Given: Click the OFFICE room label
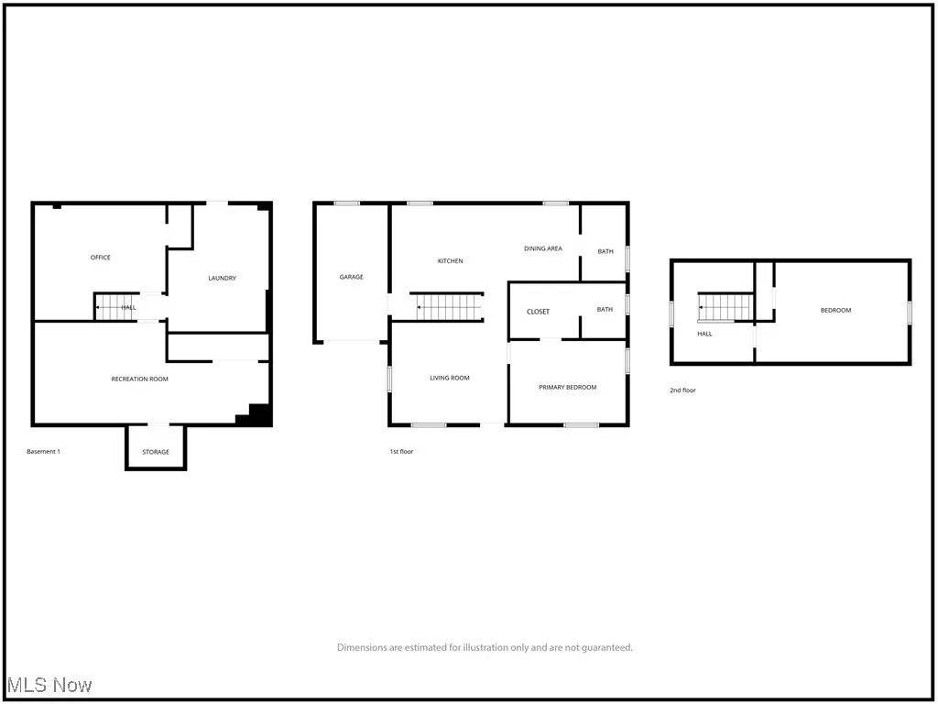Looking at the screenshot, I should click(101, 258).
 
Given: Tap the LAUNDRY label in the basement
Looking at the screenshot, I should click(223, 279).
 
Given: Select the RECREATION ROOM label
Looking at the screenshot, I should click(140, 379).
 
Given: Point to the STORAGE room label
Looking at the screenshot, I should click(156, 453).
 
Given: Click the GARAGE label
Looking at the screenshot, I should click(352, 277).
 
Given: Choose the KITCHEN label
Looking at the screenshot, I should click(450, 261).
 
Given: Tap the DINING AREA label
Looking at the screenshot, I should click(543, 248).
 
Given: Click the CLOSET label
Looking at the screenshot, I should click(539, 312).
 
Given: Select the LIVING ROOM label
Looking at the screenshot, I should click(450, 378).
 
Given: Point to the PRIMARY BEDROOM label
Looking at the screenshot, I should click(567, 387).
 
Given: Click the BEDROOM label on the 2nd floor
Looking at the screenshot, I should click(835, 311).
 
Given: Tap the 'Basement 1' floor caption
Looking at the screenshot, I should click(44, 451).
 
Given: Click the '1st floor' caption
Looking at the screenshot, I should click(401, 451).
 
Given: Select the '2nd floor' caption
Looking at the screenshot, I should click(682, 390).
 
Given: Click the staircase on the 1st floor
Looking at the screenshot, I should click(449, 306).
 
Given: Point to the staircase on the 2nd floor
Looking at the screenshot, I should click(725, 307).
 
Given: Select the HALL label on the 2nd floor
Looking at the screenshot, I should click(704, 334).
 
